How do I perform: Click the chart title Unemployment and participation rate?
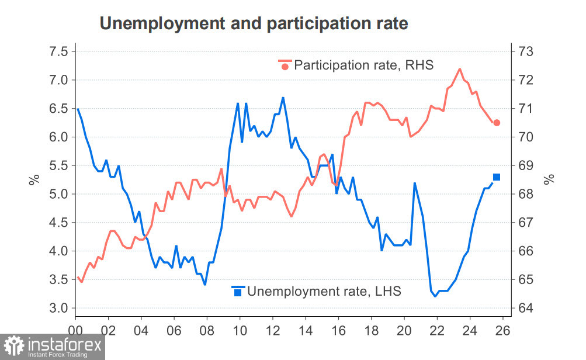point(254,23)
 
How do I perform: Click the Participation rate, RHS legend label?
point(363,64)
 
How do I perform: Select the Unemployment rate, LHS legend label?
point(324,290)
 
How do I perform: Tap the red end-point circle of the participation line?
point(497,123)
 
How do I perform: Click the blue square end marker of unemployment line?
point(497,177)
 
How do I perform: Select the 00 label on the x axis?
point(75,330)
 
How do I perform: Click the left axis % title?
point(34,179)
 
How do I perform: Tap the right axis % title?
point(549,179)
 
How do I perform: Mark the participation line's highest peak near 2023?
point(460,69)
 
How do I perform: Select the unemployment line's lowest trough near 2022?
point(435,296)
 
